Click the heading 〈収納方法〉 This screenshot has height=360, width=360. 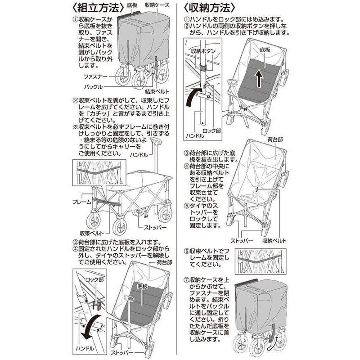210,8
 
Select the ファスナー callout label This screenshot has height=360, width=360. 95,77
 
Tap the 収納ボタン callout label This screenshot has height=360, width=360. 202,51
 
